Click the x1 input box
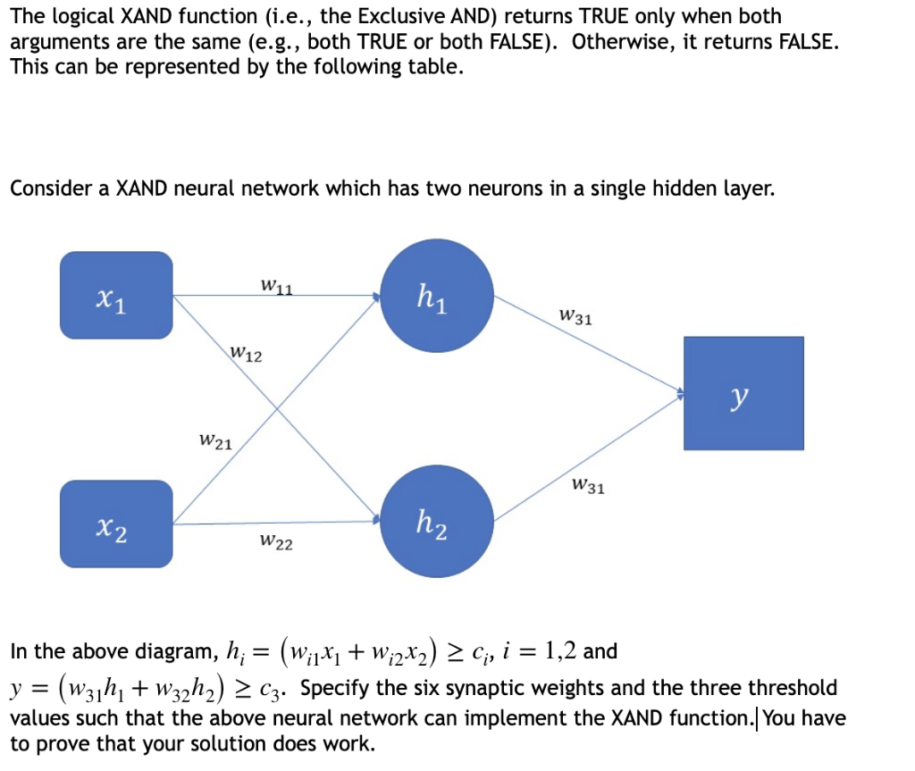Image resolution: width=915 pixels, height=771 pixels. point(116,295)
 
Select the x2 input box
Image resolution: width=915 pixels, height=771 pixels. point(116,524)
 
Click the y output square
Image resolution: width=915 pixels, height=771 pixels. point(743,393)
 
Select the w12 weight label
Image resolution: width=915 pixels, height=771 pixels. point(247,355)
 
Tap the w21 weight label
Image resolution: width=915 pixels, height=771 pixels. point(216,440)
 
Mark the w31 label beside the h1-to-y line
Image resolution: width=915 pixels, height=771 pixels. point(575,316)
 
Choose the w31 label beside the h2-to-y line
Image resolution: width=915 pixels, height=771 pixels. point(587,487)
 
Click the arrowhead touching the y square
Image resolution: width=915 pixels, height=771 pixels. point(680,391)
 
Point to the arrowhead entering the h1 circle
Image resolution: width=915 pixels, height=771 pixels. point(376,296)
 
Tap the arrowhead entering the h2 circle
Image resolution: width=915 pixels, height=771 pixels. point(376,516)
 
